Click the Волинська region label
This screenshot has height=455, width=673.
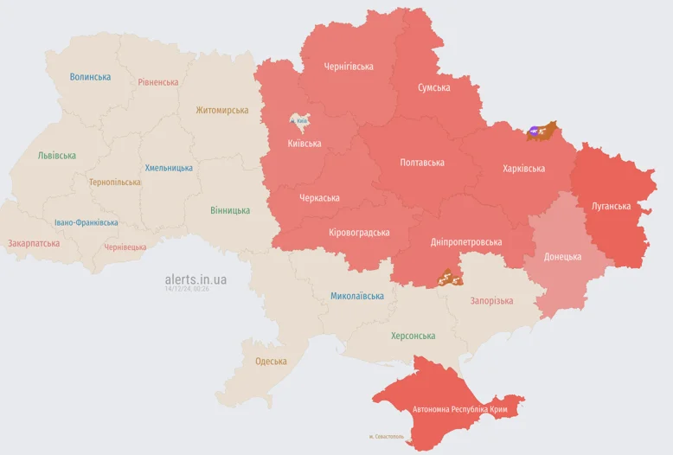click(x=90, y=77)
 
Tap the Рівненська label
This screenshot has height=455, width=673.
click(x=157, y=82)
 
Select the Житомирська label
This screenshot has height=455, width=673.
click(x=221, y=110)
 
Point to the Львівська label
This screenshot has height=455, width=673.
click(x=56, y=156)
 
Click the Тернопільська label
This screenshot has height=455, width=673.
click(x=114, y=183)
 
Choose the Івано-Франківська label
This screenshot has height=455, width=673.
click(x=86, y=222)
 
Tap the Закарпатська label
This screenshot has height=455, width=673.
click(x=34, y=243)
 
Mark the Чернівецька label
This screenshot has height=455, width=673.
click(x=125, y=247)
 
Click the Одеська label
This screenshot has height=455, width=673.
click(x=271, y=361)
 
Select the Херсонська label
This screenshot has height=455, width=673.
click(x=413, y=336)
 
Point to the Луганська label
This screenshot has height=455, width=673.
click(x=611, y=207)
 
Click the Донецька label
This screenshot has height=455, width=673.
click(x=562, y=257)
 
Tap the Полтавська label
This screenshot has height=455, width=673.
click(x=422, y=163)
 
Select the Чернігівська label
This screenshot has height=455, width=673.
click(x=349, y=67)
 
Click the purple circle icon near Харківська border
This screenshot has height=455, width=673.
click(x=534, y=132)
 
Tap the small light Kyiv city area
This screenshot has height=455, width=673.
click(x=300, y=121)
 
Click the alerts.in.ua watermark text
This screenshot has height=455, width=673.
click(x=195, y=279)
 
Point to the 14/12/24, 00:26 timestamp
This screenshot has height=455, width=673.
click(x=187, y=289)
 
